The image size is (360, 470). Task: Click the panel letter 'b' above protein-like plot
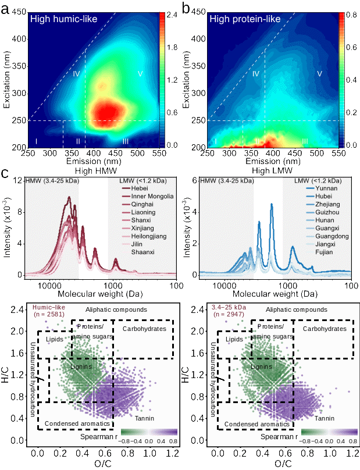(187, 9)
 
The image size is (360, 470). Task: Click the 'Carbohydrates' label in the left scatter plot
(145, 329)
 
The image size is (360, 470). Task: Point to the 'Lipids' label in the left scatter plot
(54, 339)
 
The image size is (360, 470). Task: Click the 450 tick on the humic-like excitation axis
(19, 12)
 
